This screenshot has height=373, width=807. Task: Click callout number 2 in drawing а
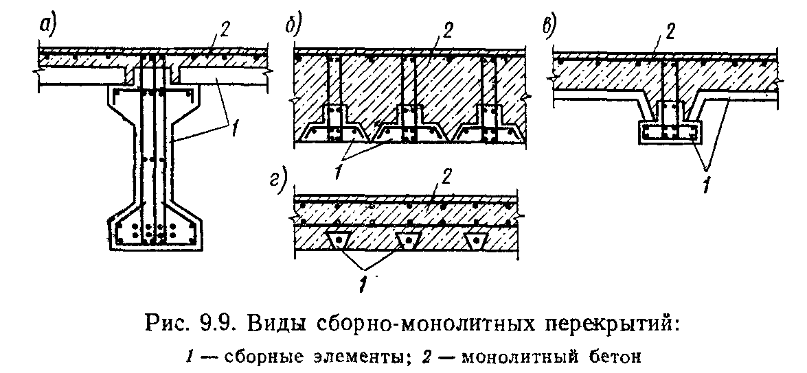pos(225,31)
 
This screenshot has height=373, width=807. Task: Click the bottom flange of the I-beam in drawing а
pos(154,230)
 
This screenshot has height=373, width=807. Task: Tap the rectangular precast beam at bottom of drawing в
pos(669,132)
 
